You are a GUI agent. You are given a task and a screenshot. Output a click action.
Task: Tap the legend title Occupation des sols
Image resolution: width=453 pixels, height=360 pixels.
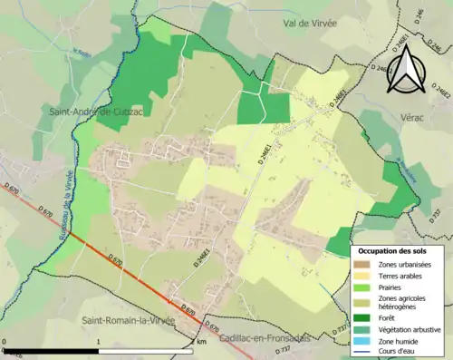[394, 249]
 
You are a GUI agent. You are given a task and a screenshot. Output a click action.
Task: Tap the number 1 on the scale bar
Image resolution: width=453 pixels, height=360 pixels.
[98, 344]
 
